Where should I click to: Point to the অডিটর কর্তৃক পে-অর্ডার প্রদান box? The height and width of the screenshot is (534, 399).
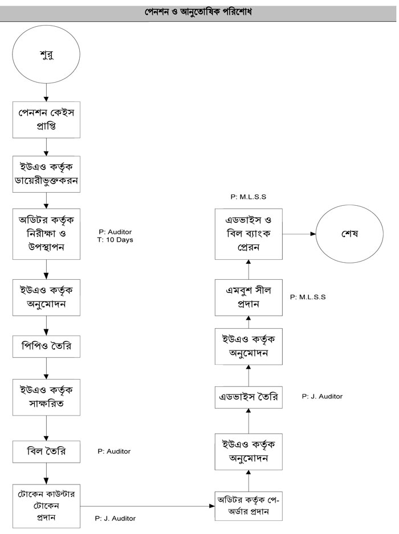point(249,506)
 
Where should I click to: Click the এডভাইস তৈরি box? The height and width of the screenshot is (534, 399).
point(249,397)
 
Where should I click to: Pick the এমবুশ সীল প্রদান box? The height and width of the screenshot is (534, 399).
point(249,297)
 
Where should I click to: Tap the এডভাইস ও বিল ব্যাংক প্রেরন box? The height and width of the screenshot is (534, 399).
point(249,234)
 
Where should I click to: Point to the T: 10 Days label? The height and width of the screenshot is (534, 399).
point(116,240)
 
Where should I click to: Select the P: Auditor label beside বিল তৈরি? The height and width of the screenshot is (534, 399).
point(114,451)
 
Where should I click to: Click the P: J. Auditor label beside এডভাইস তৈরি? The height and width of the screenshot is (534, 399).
point(323,396)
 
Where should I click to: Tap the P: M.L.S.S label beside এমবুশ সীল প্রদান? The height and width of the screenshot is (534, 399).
point(308,297)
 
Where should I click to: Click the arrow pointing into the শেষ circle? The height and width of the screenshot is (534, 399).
point(299,234)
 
